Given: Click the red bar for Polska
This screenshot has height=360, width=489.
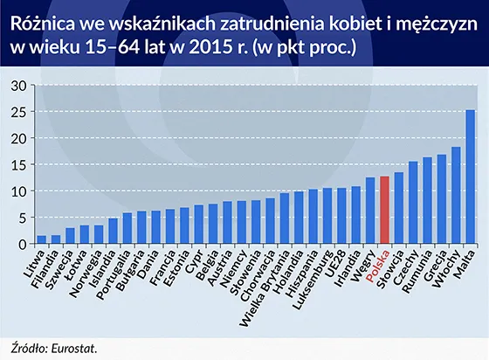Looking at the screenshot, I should (385, 210).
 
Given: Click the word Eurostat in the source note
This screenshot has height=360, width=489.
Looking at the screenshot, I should (73, 347).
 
